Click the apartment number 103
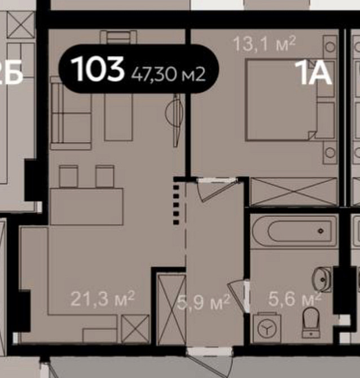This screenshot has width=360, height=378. tap(98, 69)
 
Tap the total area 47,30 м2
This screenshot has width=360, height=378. tap(168, 73)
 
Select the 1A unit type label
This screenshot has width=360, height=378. tap(313, 74)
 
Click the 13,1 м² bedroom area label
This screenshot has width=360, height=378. tap(265, 43)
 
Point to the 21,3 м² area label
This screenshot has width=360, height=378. tap(102, 297)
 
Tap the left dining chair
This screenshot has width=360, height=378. tap(69, 176)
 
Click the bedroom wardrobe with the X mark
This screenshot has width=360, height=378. tap(292, 191)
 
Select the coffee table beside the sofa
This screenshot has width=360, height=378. tap(117, 116)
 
